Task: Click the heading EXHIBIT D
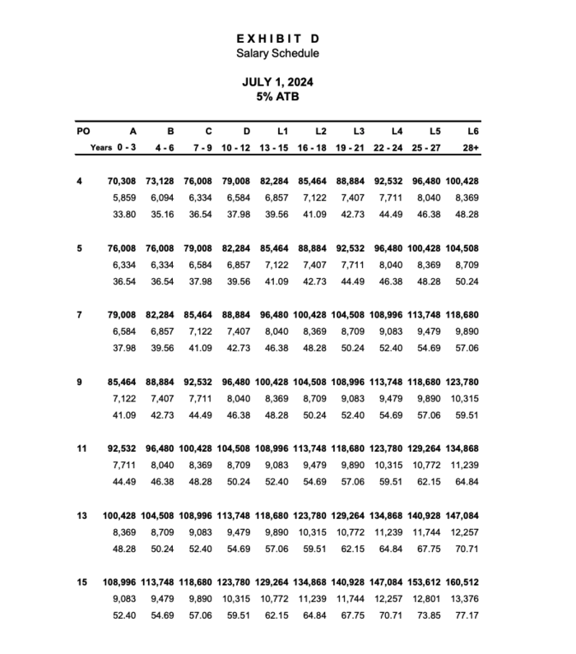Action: point(277,39)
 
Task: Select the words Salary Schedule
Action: point(277,53)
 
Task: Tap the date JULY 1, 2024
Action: point(277,82)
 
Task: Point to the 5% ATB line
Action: point(277,96)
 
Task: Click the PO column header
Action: point(82,131)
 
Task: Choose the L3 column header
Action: point(359,131)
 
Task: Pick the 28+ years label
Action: point(471,147)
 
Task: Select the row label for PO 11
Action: point(81,448)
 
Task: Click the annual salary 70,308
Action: point(123,180)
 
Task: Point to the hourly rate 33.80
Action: point(125,216)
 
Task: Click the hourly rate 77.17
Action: point(467,616)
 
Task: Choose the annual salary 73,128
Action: point(160,180)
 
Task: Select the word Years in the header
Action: point(101,147)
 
